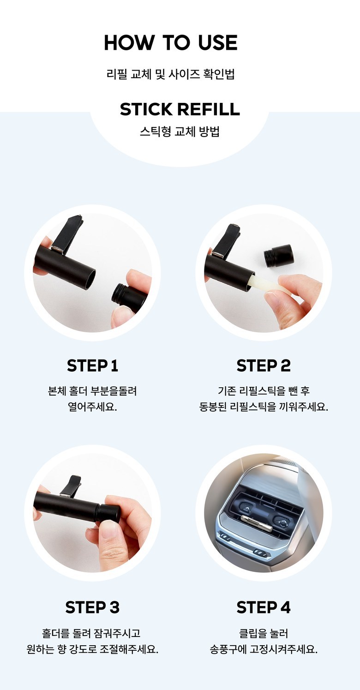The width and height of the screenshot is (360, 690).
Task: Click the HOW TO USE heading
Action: [171, 42]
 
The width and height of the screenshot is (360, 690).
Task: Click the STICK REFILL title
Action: [180, 109]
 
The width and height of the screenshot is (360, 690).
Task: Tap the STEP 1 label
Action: [92, 366]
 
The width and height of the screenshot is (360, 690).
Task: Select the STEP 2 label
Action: [264, 366]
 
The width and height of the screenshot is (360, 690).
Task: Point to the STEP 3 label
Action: [92, 607]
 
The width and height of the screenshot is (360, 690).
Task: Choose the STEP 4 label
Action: [264, 607]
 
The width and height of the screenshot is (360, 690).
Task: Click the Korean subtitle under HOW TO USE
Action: [171, 74]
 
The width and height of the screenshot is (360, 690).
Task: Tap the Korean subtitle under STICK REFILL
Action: [180, 132]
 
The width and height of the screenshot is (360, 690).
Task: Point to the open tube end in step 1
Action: [89, 279]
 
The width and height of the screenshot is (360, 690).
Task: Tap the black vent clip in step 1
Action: [68, 234]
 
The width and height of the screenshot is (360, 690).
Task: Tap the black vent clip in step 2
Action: [226, 240]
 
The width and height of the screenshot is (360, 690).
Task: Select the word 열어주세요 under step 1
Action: [92, 407]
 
